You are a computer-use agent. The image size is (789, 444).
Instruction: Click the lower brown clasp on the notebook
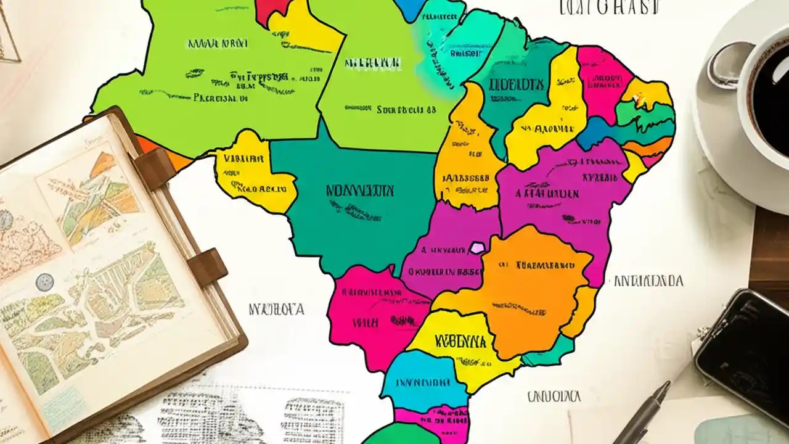207,266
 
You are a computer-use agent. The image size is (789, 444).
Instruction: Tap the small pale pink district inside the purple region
477,248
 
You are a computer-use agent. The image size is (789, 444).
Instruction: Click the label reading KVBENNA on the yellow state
460,341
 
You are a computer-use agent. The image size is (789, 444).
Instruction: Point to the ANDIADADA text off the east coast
648,281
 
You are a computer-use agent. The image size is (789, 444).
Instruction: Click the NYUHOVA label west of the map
276,309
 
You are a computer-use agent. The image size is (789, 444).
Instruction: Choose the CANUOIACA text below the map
554,396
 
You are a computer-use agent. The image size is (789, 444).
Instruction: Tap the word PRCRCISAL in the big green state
221,97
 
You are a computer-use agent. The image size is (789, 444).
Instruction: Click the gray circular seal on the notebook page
44,282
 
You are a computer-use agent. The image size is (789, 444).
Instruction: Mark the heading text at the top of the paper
608,7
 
